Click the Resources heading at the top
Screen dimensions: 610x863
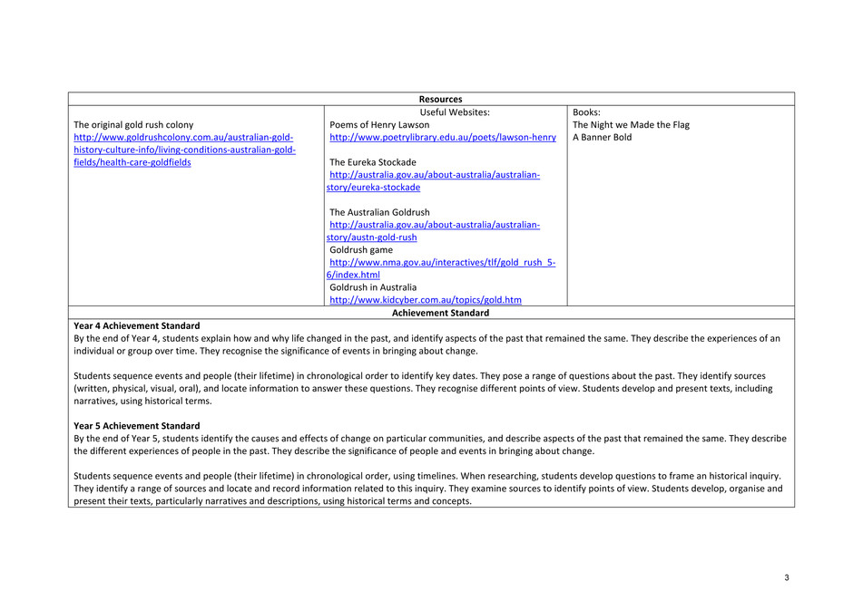point(440,100)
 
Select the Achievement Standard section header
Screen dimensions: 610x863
point(440,313)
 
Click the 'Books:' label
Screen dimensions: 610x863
point(586,112)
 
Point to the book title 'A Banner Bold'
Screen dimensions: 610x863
point(602,138)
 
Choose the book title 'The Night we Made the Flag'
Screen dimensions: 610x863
point(631,125)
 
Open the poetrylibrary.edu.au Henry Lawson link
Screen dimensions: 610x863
point(443,138)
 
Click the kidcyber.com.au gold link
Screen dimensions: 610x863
point(426,300)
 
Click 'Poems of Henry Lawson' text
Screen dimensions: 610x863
point(379,125)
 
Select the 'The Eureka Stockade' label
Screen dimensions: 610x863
point(373,163)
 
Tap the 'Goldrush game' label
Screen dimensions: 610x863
point(361,250)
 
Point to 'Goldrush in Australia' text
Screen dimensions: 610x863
point(373,287)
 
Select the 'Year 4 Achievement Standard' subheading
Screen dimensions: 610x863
point(137,325)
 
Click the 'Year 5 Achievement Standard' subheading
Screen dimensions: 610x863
point(137,426)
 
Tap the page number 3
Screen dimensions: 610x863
point(787,578)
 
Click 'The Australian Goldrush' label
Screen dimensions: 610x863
point(379,213)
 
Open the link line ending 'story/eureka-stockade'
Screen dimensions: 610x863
point(373,188)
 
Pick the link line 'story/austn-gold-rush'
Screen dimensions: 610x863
point(372,237)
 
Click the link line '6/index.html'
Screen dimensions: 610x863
point(353,275)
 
